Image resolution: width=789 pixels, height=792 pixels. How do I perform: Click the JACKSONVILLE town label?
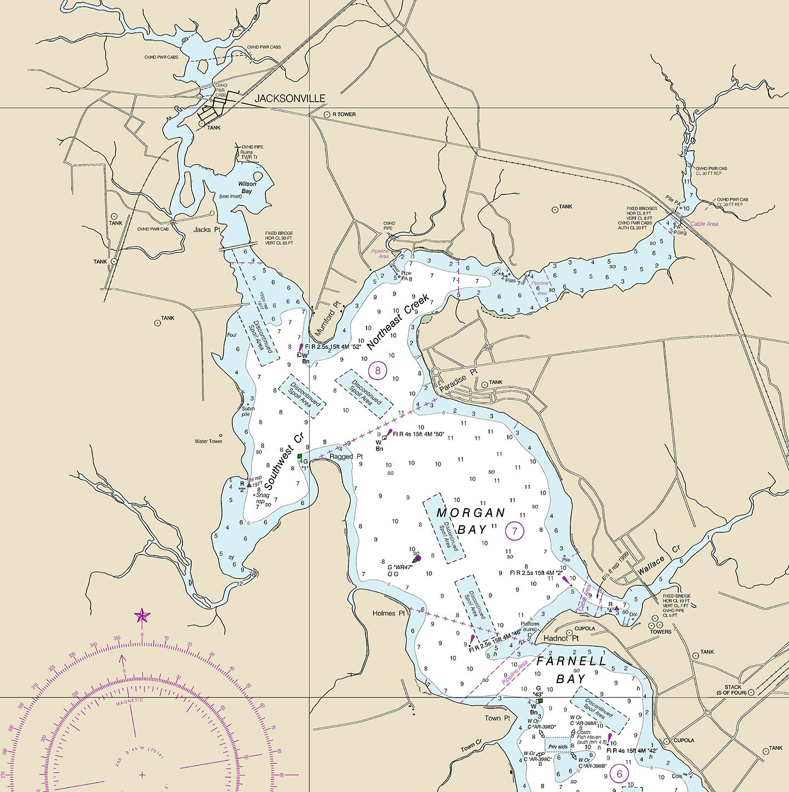tap(290, 99)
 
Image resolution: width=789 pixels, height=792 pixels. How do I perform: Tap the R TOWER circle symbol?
tap(327, 114)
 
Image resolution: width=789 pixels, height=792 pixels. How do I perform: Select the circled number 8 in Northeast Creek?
tap(378, 371)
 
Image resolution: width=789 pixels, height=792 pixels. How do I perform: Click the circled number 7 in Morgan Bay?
tap(514, 530)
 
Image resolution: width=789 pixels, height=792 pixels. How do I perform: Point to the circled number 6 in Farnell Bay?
tap(620, 774)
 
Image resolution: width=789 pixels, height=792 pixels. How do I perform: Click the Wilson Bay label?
tap(247, 187)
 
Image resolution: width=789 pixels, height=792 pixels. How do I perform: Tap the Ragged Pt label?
tap(346, 456)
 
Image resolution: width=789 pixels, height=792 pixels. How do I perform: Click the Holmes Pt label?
tap(388, 613)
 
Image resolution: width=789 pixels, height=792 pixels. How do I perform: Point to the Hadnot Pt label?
tap(561, 639)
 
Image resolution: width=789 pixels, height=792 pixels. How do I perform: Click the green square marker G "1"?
tap(300, 456)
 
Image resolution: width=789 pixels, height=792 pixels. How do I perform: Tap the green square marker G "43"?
tap(540, 701)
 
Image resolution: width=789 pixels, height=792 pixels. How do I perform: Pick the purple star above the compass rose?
tap(142, 616)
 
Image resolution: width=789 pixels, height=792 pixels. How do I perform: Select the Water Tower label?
tap(208, 441)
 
